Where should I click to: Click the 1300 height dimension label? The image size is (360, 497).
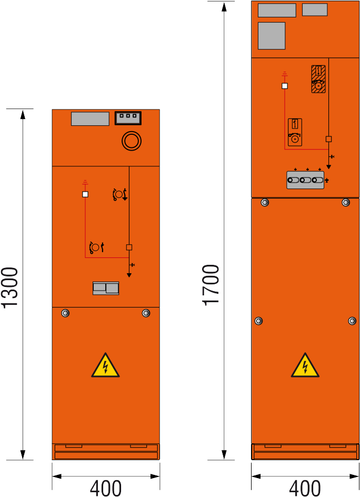click(9, 287)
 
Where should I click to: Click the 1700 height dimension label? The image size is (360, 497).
click(211, 285)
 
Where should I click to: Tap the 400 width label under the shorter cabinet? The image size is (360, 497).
click(106, 488)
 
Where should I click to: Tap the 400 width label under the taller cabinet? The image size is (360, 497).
click(305, 488)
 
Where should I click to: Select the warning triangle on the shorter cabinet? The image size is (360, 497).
click(106, 365)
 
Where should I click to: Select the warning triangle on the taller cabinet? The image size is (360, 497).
click(305, 365)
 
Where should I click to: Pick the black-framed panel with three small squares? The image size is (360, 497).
click(128, 118)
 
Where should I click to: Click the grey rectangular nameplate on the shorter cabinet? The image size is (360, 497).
click(91, 119)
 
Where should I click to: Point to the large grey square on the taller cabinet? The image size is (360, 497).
click(272, 36)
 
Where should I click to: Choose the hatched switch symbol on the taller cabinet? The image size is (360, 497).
click(318, 79)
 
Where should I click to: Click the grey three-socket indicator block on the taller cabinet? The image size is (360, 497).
click(305, 180)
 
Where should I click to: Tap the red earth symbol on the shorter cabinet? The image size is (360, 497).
click(85, 182)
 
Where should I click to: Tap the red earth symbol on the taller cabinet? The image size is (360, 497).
click(285, 74)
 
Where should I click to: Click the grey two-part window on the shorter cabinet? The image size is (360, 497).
click(106, 288)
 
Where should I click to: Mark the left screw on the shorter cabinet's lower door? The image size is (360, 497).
click(65, 313)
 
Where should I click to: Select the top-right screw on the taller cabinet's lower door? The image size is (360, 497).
click(346, 202)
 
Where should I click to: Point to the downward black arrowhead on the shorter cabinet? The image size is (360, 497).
click(129, 275)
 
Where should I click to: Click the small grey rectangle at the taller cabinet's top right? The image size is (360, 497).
click(315, 9)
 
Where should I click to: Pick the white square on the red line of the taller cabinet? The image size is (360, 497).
click(285, 86)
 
